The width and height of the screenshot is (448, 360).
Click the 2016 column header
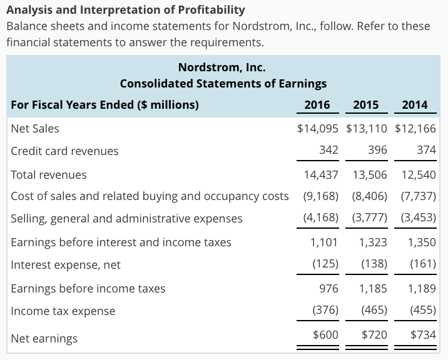[317, 104]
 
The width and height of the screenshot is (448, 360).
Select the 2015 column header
[365, 104]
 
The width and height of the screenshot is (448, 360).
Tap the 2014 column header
[414, 104]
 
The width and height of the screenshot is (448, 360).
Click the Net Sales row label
[35, 128]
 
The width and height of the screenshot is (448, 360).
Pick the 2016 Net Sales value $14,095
[318, 128]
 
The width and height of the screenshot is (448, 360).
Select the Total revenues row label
[49, 174]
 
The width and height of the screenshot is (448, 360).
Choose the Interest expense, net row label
[66, 264]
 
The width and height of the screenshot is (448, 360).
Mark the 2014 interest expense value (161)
[423, 264]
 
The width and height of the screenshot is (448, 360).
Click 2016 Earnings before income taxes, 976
[328, 288]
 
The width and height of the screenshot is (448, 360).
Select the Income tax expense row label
[63, 311]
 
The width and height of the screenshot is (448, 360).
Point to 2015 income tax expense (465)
[374, 311]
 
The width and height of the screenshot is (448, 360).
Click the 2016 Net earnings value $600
[325, 335]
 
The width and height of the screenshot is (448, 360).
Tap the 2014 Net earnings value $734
[423, 335]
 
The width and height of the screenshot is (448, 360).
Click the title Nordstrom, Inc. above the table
[223, 67]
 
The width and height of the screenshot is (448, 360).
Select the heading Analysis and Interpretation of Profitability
[125, 10]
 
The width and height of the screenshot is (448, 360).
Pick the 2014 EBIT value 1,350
[421, 242]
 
